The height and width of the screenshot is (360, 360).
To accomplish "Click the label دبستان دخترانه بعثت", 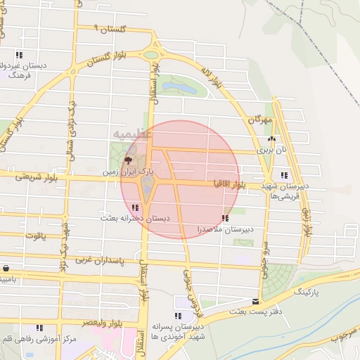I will point(134,219).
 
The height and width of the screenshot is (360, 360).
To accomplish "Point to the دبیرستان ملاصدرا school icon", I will point(225,219).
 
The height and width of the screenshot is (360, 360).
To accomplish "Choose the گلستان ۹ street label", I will point(113,30).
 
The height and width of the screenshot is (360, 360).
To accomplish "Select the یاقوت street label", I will point(34,236).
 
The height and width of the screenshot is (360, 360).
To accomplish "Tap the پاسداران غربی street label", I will point(106,260).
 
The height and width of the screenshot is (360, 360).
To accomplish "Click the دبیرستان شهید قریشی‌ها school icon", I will point(283,175).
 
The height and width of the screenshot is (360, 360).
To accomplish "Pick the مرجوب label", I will point(344,336).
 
